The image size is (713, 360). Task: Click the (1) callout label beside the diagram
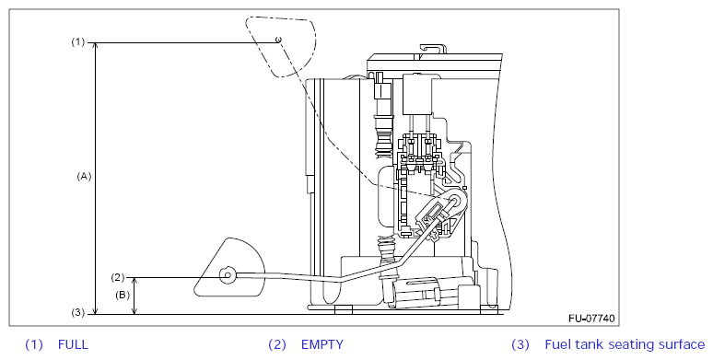tap(77, 42)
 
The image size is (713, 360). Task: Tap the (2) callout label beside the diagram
tap(117, 277)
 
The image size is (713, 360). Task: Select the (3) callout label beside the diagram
tap(77, 313)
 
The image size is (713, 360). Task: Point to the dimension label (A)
tap(84, 177)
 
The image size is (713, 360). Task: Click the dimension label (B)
tap(123, 295)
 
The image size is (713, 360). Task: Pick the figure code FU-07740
tap(591, 319)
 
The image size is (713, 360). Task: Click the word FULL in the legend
tap(73, 344)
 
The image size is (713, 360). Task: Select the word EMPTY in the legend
tap(322, 344)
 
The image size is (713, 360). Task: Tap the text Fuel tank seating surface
tap(625, 344)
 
